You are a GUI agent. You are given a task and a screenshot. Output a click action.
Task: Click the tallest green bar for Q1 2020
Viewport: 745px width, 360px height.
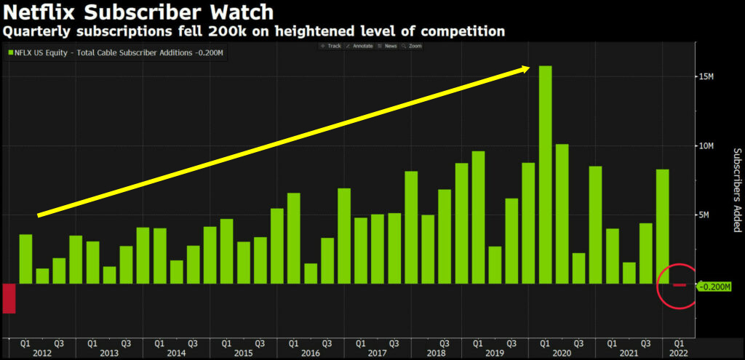pyautogui.click(x=545, y=175)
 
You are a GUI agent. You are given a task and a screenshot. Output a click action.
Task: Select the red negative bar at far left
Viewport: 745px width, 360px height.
pyautogui.click(x=9, y=298)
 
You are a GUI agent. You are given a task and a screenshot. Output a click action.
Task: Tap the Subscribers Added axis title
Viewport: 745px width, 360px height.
pyautogui.click(x=736, y=191)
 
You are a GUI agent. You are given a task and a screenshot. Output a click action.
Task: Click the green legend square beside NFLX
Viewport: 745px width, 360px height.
pyautogui.click(x=10, y=52)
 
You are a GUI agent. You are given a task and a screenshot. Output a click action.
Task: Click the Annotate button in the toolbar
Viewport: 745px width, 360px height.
pyautogui.click(x=359, y=46)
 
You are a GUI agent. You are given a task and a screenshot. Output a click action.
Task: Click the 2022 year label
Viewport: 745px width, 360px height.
pyautogui.click(x=678, y=353)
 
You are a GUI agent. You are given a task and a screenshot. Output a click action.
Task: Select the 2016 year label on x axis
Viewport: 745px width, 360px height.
pyautogui.click(x=311, y=353)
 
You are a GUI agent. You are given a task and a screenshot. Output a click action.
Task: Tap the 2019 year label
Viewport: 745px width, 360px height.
pyautogui.click(x=494, y=353)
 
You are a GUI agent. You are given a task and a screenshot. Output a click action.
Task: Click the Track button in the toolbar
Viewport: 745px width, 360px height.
pyautogui.click(x=331, y=46)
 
